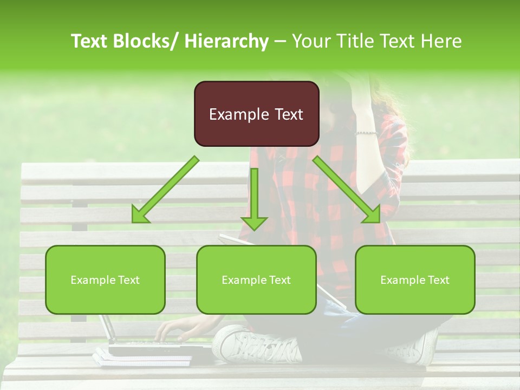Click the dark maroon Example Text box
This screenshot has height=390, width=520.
click(x=256, y=114)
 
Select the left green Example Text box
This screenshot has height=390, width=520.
click(x=105, y=279)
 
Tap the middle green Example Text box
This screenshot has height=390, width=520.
click(x=256, y=279)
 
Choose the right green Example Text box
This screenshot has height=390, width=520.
click(x=415, y=279)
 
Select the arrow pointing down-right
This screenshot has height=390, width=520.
click(x=347, y=190)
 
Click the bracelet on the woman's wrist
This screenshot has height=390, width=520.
click(x=366, y=133)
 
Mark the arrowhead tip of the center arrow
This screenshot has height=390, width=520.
click(x=254, y=229)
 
